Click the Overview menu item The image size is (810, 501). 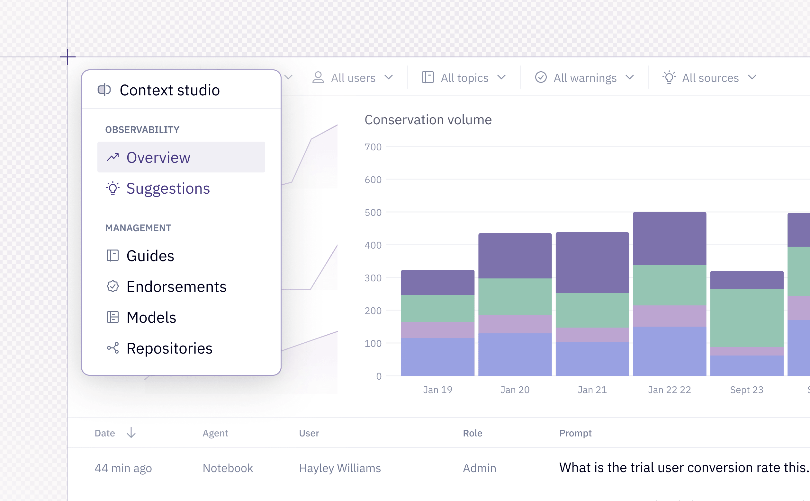coord(181,157)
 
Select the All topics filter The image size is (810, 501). coord(464,77)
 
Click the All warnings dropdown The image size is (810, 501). coord(585,77)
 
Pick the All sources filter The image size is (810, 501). coord(709,77)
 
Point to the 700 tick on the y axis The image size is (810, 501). coord(373,147)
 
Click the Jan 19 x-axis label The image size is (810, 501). coord(438,390)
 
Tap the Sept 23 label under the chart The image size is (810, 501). coord(747,390)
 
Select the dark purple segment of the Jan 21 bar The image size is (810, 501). coord(592,262)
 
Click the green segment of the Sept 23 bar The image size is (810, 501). coord(747,318)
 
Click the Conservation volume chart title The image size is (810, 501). coord(428,119)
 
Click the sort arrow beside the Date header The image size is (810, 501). coord(131,433)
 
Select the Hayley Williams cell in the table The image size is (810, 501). coord(340,468)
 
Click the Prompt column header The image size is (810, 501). coord(575,433)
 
